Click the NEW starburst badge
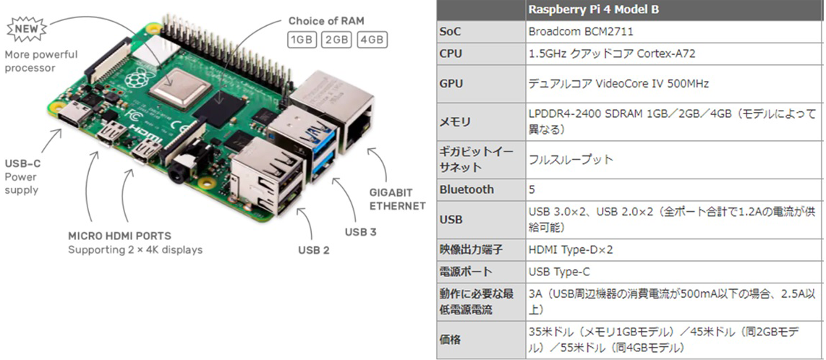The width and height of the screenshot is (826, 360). click(25, 30)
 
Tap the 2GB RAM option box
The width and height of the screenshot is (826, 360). click(336, 39)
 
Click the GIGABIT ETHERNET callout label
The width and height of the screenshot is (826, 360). click(397, 199)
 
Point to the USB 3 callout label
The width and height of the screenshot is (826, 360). click(360, 232)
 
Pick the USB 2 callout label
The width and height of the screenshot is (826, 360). click(314, 250)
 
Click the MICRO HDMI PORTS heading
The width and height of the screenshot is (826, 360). click(119, 236)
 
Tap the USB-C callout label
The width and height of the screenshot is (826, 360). click(22, 163)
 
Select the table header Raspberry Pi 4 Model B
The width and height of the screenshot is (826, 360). click(594, 9)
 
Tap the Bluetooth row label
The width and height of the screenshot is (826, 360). click(467, 189)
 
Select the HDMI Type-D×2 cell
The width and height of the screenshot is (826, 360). click(571, 250)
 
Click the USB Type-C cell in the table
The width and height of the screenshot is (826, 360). click(561, 272)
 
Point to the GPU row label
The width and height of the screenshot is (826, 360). click(451, 84)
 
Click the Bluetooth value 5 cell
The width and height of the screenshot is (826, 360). click(533, 189)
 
